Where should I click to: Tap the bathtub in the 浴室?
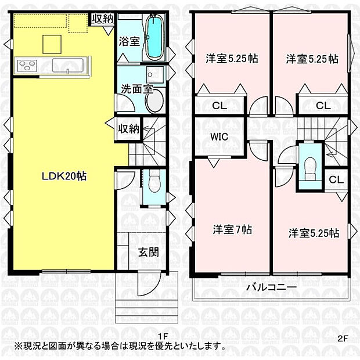(154, 38)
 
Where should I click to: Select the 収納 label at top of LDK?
(102, 18)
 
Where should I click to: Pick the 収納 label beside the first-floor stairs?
(128, 128)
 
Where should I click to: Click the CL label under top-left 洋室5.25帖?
(219, 106)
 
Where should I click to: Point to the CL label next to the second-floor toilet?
(336, 179)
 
